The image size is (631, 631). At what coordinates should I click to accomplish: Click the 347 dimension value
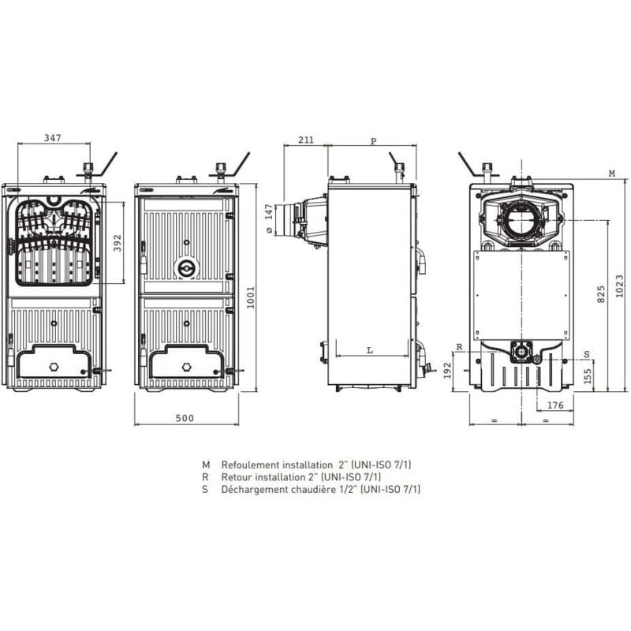coord(53,138)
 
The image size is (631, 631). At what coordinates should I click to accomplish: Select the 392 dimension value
coord(117,243)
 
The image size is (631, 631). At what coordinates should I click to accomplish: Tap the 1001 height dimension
coord(250,297)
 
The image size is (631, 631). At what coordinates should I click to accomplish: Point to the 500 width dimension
coord(185,418)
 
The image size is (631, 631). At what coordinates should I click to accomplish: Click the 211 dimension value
coord(306,140)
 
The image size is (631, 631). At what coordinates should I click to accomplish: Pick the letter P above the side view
coord(373,141)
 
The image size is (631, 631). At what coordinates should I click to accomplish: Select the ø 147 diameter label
coord(269,219)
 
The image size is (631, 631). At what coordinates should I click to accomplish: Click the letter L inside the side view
coord(370,350)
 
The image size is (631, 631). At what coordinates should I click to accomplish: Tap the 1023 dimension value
coord(620,286)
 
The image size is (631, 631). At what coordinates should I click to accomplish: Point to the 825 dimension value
coord(601,294)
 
